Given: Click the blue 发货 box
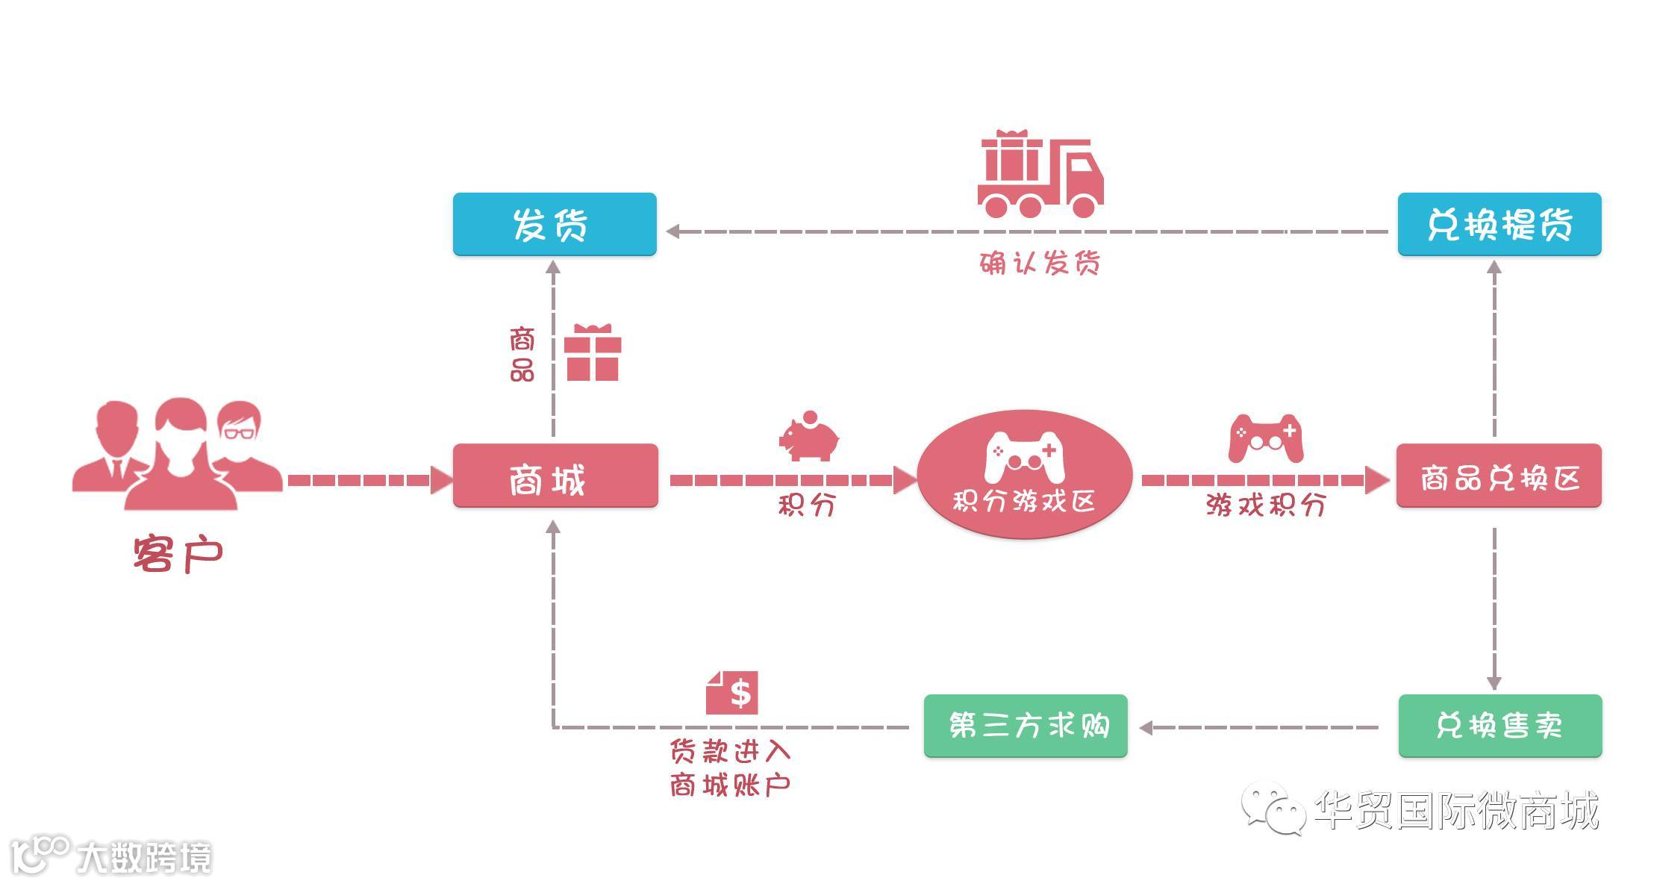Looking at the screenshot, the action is pyautogui.click(x=554, y=224).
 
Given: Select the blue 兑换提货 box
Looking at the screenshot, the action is pyautogui.click(x=1499, y=224).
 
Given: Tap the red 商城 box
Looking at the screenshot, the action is pyautogui.click(x=555, y=476).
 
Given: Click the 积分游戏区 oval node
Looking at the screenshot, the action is pyautogui.click(x=1024, y=474).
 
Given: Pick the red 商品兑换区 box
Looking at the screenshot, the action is pyautogui.click(x=1499, y=476).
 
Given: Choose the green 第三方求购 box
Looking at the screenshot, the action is pyautogui.click(x=1026, y=726).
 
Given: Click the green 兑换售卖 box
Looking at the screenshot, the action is pyautogui.click(x=1499, y=726).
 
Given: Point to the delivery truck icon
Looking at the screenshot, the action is pyautogui.click(x=1040, y=175).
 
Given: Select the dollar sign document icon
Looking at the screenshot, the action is pyautogui.click(x=732, y=692).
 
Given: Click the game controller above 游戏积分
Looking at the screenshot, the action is pyautogui.click(x=1266, y=438).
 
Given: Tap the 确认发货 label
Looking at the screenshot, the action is pyautogui.click(x=1040, y=263).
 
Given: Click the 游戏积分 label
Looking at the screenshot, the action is pyautogui.click(x=1266, y=505).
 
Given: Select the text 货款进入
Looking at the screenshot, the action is pyautogui.click(x=729, y=751).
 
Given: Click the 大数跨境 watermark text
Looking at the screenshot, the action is pyautogui.click(x=144, y=857).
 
